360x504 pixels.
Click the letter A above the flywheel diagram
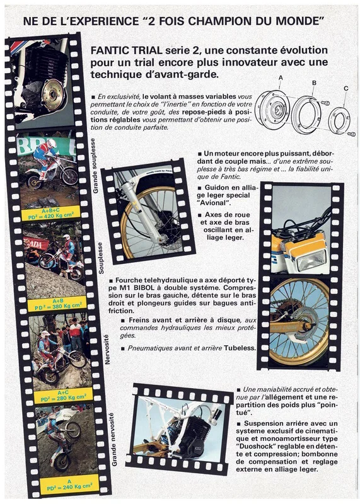tap(281, 77)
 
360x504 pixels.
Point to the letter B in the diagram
tap(314, 83)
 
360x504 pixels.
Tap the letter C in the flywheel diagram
tap(346, 88)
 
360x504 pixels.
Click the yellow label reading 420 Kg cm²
tap(51, 214)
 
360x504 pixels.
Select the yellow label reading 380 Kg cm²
tap(57, 304)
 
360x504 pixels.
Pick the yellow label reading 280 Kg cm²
tap(63, 396)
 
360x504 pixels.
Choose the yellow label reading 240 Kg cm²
tap(70, 484)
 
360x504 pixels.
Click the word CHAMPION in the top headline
tap(221, 21)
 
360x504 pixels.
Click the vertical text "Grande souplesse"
tap(95, 166)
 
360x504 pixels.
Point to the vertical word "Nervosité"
tap(107, 349)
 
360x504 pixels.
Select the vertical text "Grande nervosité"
tap(114, 439)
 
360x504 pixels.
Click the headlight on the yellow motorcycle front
tap(311, 260)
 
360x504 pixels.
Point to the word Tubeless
tap(240, 348)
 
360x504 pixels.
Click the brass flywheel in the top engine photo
tap(54, 94)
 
